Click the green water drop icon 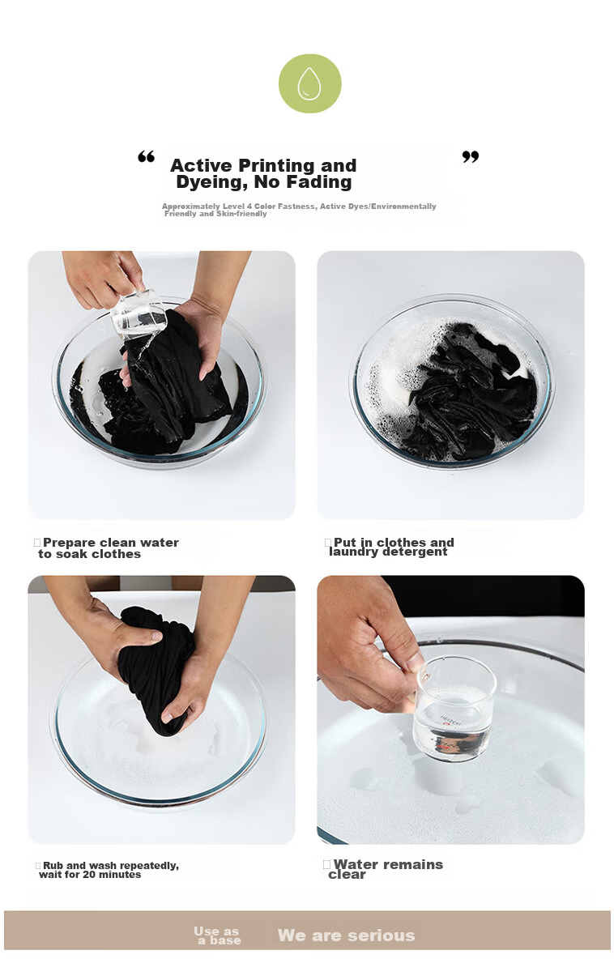[309, 83]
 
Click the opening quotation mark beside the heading [146, 156]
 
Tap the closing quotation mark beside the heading [471, 157]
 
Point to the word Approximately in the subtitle [191, 207]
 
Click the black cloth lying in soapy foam [470, 392]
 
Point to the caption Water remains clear [386, 869]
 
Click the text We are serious [347, 936]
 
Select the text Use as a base [217, 936]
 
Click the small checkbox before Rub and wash [38, 865]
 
